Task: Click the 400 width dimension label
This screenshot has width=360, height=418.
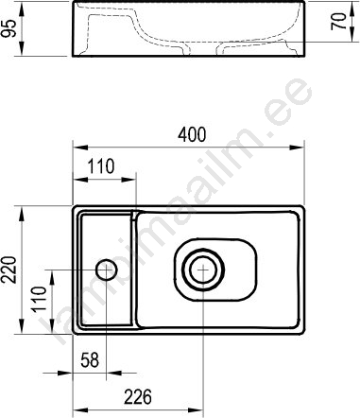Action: pos(192,134)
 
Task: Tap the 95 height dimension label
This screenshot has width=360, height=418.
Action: pos(9,28)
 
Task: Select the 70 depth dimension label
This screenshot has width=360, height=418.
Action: pos(339,22)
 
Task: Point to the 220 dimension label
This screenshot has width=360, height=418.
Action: pos(9,270)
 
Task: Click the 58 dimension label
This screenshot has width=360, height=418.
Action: pos(90,359)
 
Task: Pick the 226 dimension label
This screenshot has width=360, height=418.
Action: pos(138,397)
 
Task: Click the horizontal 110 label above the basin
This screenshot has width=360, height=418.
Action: pos(100,166)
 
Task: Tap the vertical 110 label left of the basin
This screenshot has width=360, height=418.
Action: pos(40,299)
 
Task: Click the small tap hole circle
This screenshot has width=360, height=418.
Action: pos(107,270)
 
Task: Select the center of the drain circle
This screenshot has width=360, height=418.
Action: pos(203,270)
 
